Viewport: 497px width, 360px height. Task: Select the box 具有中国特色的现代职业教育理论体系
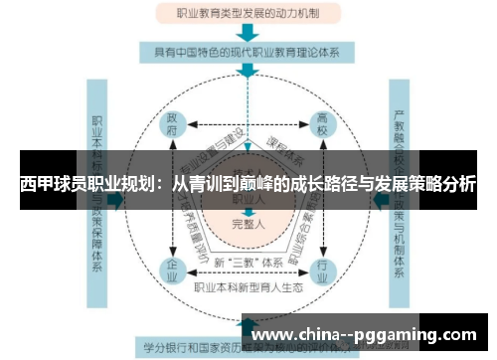(x=248, y=51)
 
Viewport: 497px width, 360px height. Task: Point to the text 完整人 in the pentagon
(x=248, y=223)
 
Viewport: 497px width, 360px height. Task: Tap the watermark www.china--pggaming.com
(x=366, y=334)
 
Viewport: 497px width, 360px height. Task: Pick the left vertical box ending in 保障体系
(x=98, y=189)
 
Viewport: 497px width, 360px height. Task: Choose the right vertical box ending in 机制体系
(x=400, y=189)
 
